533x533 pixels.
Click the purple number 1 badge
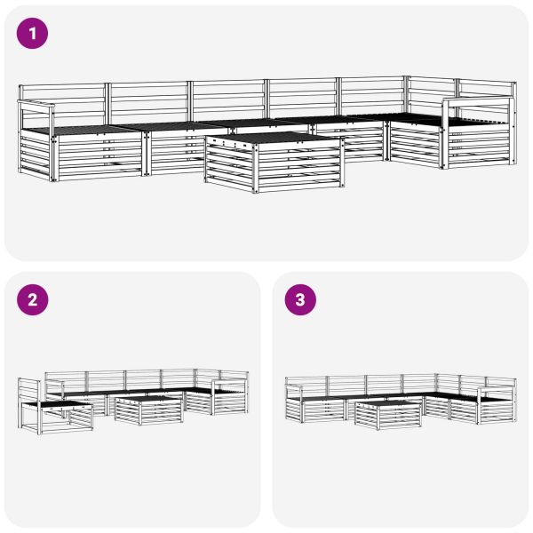tap(33, 34)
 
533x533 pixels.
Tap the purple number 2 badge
tap(33, 299)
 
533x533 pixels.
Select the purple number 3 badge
tap(299, 299)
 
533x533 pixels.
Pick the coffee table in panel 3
tap(388, 413)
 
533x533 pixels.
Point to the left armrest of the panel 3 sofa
tap(298, 389)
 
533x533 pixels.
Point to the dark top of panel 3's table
tap(388, 404)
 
